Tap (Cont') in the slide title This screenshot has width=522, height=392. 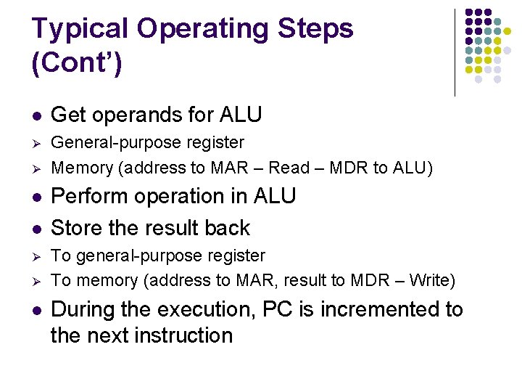coord(78,63)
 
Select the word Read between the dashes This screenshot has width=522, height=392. coord(289,168)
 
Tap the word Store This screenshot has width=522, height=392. coord(77,228)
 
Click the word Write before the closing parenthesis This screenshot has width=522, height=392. coord(428,280)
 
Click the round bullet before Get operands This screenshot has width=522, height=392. coord(36,115)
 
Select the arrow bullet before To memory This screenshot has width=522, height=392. coord(36,281)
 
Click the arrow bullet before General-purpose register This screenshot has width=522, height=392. coord(36,143)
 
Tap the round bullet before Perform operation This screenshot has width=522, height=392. coord(36,197)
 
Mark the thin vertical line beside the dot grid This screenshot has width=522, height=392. coord(455,52)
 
